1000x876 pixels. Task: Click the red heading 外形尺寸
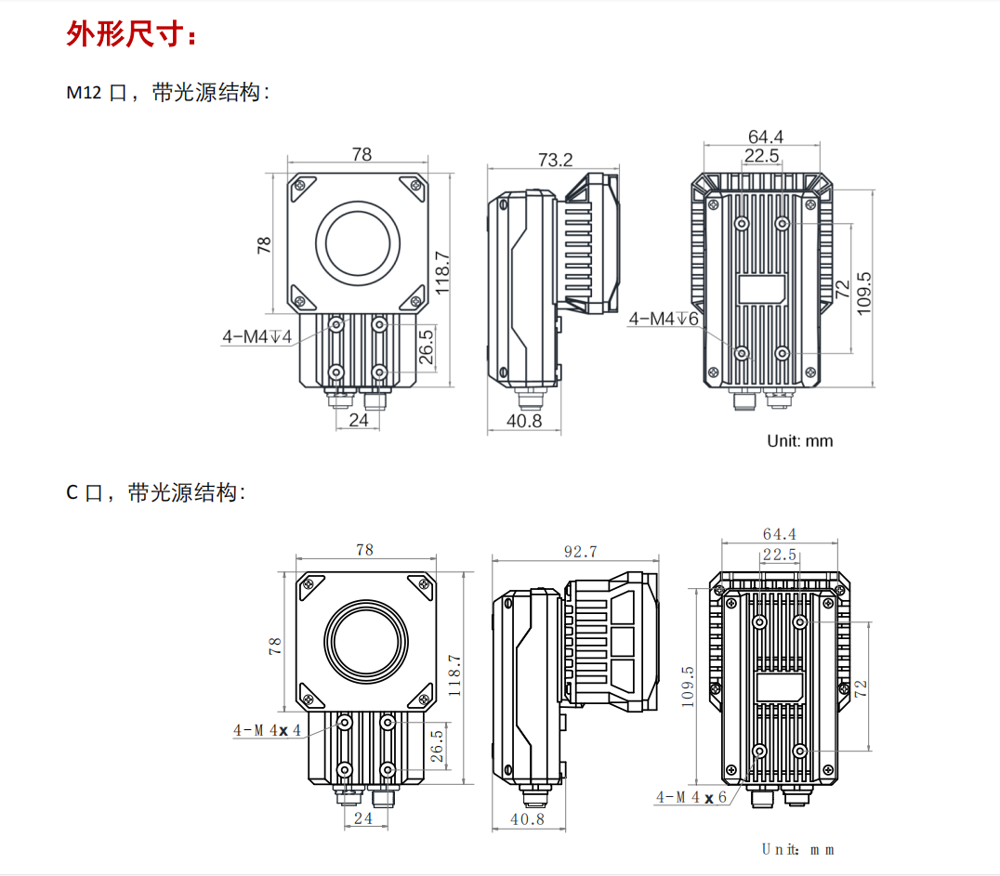[x=131, y=34]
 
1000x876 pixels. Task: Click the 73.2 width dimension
[x=555, y=159]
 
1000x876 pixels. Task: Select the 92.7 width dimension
[x=580, y=552]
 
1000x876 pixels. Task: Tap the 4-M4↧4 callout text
[x=257, y=337]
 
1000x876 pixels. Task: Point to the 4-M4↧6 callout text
[x=664, y=319]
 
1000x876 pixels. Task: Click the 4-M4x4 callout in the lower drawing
[x=268, y=730]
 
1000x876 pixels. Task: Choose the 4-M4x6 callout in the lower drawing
[x=691, y=797]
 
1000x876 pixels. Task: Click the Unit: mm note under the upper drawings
[x=799, y=440]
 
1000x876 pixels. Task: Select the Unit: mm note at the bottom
[x=797, y=849]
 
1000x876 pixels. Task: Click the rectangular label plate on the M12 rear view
[x=762, y=289]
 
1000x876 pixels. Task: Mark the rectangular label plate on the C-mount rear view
[x=780, y=687]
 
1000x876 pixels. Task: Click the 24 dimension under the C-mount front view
[x=364, y=818]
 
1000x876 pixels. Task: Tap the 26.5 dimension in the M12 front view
[x=426, y=346]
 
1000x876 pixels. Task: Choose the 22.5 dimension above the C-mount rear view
[x=779, y=555]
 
